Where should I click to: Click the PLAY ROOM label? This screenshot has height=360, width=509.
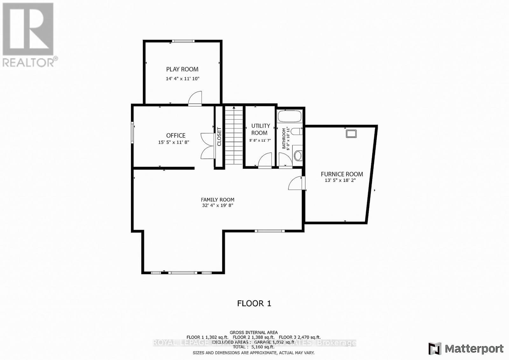click(182, 69)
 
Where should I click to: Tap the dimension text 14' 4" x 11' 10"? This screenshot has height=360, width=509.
click(182, 79)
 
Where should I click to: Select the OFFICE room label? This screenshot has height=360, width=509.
click(176, 135)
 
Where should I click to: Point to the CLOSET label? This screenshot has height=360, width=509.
click(219, 136)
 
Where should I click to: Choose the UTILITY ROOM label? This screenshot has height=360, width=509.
click(260, 129)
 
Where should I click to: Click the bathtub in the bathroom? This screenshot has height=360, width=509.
click(289, 116)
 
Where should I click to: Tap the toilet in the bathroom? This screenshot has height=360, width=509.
click(296, 131)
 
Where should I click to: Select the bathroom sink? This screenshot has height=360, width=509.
click(298, 155)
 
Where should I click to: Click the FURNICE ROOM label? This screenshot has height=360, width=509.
click(342, 174)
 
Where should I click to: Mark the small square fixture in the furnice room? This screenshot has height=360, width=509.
click(351, 134)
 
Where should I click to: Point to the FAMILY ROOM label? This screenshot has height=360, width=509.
click(217, 200)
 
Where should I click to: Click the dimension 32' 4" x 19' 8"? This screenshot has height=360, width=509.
click(217, 205)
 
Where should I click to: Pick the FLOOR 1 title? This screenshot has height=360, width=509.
click(254, 303)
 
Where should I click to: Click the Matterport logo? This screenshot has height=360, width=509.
click(466, 349)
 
